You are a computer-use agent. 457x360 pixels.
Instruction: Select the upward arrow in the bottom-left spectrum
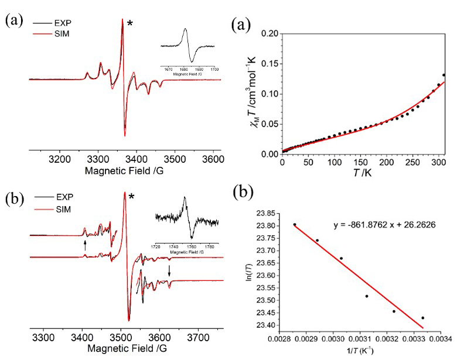[85, 245]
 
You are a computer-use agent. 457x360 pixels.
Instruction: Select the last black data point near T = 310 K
[444, 75]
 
